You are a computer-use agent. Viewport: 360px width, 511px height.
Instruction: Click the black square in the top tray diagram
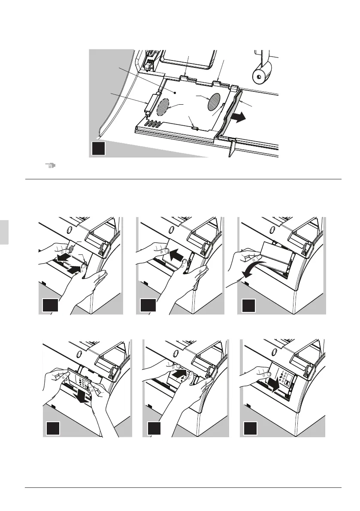pyautogui.click(x=98, y=149)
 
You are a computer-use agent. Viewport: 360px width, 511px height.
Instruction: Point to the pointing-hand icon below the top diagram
pyautogui.click(x=51, y=165)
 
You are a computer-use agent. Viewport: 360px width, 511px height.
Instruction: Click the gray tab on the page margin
pyautogui.click(x=3, y=232)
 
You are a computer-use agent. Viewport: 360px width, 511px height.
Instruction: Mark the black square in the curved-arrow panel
pyautogui.click(x=248, y=306)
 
